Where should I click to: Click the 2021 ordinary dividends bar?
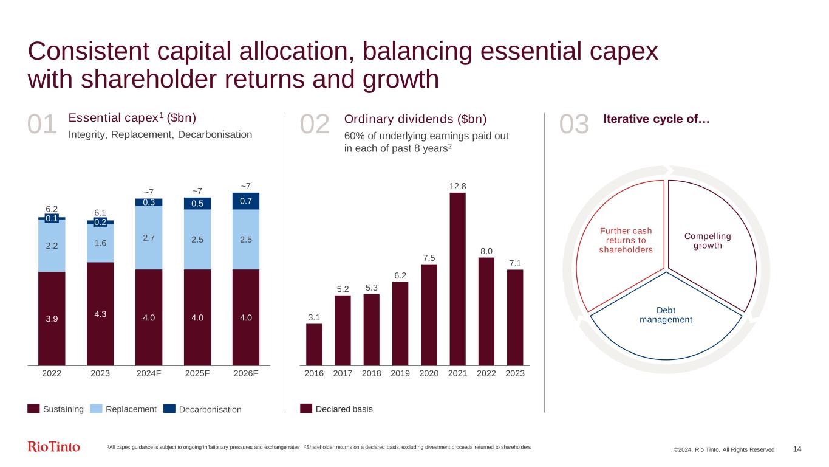(457, 279)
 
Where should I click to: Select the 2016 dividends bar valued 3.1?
(314, 344)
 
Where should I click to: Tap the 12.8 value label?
(457, 185)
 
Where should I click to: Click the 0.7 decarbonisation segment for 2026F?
(246, 201)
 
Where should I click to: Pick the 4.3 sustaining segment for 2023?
(100, 313)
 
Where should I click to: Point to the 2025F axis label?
(197, 374)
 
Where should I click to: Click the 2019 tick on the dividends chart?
(400, 374)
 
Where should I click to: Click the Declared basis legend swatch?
(306, 409)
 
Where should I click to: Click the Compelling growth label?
(707, 241)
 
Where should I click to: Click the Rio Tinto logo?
(54, 447)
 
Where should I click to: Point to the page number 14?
(797, 449)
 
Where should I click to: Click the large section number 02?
(315, 125)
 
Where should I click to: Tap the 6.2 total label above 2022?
(52, 208)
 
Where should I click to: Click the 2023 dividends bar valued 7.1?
(515, 317)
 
